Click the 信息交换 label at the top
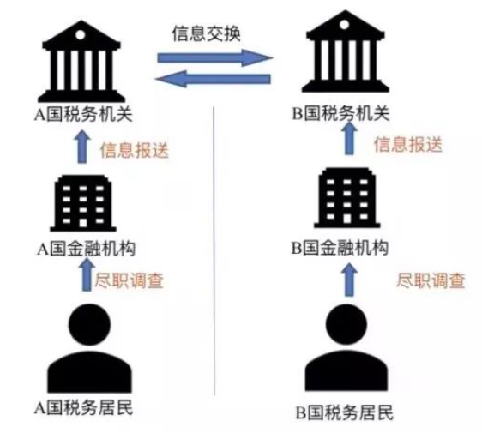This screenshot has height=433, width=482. (x=206, y=33)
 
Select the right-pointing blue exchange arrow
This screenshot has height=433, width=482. (x=215, y=57)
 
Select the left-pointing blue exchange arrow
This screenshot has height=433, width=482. (x=213, y=79)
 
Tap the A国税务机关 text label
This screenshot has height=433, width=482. (x=83, y=114)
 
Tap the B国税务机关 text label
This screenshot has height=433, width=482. (x=340, y=113)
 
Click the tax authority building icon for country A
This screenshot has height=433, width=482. (x=81, y=62)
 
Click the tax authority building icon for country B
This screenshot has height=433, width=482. (x=346, y=51)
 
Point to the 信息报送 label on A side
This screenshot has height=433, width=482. (x=135, y=150)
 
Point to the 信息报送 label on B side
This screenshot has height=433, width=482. (x=408, y=144)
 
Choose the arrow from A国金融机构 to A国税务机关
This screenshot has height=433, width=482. (x=81, y=147)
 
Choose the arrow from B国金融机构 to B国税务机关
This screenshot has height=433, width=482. (x=349, y=138)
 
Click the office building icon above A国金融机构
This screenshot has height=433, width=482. (x=83, y=203)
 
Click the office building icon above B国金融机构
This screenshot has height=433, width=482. (x=347, y=198)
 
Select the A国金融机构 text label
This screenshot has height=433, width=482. (x=87, y=249)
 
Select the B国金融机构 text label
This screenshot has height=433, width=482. (x=340, y=248)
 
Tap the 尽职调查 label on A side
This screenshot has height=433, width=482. (x=129, y=280)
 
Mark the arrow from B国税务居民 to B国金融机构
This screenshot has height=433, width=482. (x=349, y=280)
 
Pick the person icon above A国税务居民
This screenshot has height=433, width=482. (x=89, y=348)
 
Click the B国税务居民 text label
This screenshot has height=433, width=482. (x=345, y=412)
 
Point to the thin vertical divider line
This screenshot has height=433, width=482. (x=214, y=251)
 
